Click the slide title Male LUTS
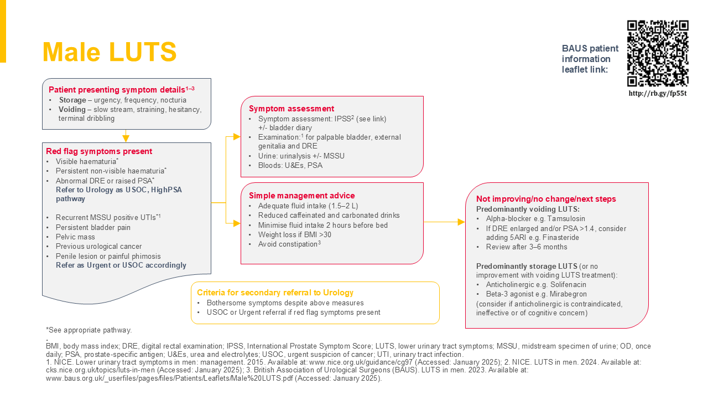pyautogui.click(x=110, y=52)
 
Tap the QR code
pyautogui.click(x=658, y=53)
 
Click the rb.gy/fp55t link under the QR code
pyautogui.click(x=658, y=93)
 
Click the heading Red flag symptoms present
pyautogui.click(x=99, y=151)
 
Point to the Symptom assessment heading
pyautogui.click(x=291, y=109)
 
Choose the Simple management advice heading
pyautogui.click(x=302, y=196)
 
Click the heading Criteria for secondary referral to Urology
pyautogui.click(x=275, y=293)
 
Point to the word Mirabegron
pyautogui.click(x=568, y=294)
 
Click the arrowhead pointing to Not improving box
pyautogui.click(x=461, y=222)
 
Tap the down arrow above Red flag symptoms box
pyautogui.click(x=126, y=138)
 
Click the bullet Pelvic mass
pyautogui.click(x=75, y=237)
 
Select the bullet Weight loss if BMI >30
pyautogui.click(x=295, y=234)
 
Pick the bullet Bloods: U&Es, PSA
pyautogui.click(x=290, y=165)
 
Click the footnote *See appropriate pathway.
pyautogui.click(x=88, y=330)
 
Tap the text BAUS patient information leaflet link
pyautogui.click(x=590, y=59)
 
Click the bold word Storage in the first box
pyautogui.click(x=72, y=100)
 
